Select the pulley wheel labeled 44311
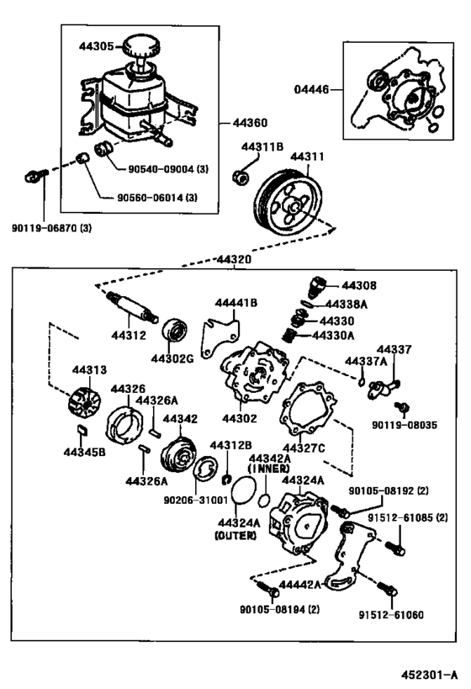coord(288,204)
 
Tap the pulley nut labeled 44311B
coord(241,178)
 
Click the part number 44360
coord(250,123)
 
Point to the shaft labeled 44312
coord(132,308)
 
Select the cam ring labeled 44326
coord(124,425)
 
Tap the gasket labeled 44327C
coord(308,410)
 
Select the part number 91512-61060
coord(391,615)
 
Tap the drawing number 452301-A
coord(428,674)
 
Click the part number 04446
coord(311,90)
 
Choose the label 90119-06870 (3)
coord(52,228)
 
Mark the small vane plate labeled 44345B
coord(82,430)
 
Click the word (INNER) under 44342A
coord(269,469)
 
